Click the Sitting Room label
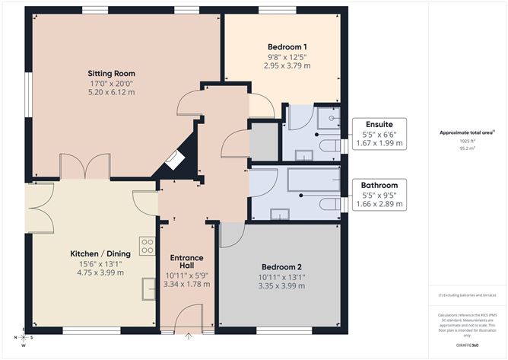coord(106,74)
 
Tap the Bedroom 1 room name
coord(281,46)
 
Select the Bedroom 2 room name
coord(281,266)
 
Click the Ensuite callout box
coord(379,134)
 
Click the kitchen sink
coord(148,287)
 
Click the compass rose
coord(23,336)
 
